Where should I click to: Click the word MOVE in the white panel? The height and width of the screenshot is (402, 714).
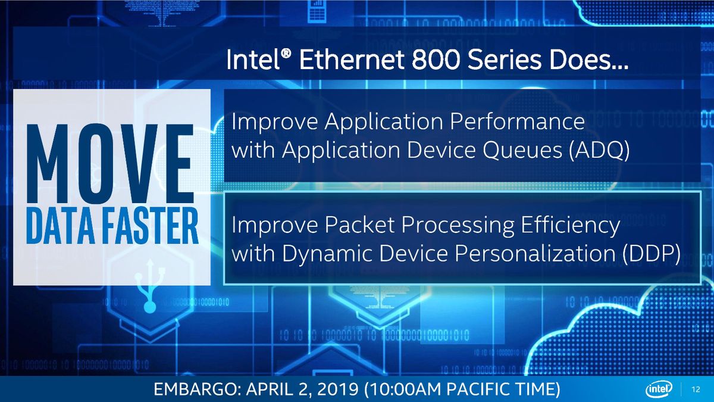pos(110,163)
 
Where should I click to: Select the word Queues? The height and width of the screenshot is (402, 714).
pos(522,149)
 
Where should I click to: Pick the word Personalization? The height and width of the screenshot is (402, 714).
pos(535,254)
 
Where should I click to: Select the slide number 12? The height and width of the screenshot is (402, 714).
pos(696,389)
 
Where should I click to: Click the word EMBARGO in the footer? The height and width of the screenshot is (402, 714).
pos(197,389)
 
